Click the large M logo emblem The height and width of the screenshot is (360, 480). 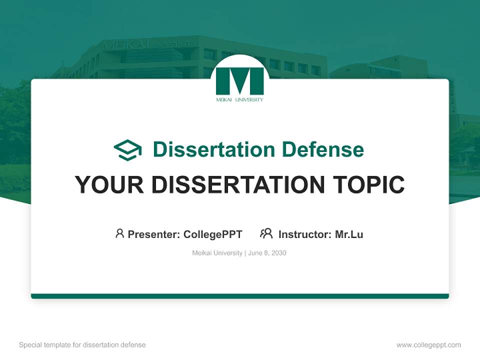pyautogui.click(x=240, y=81)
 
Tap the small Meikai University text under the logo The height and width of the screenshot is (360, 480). pyautogui.click(x=240, y=99)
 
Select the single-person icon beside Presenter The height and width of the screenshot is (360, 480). pyautogui.click(x=119, y=233)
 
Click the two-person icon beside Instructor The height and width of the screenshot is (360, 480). pyautogui.click(x=266, y=233)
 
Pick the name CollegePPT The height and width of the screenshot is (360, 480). pyautogui.click(x=213, y=234)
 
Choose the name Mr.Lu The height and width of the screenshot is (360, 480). pyautogui.click(x=349, y=234)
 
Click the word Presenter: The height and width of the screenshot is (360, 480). pyautogui.click(x=154, y=234)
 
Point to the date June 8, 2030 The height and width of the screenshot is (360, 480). pyautogui.click(x=267, y=253)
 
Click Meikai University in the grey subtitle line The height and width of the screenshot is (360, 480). pyautogui.click(x=217, y=253)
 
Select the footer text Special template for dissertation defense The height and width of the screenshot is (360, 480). pyautogui.click(x=82, y=345)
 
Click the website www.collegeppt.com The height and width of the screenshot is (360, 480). pyautogui.click(x=428, y=345)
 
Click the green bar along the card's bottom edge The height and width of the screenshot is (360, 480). pyautogui.click(x=240, y=296)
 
